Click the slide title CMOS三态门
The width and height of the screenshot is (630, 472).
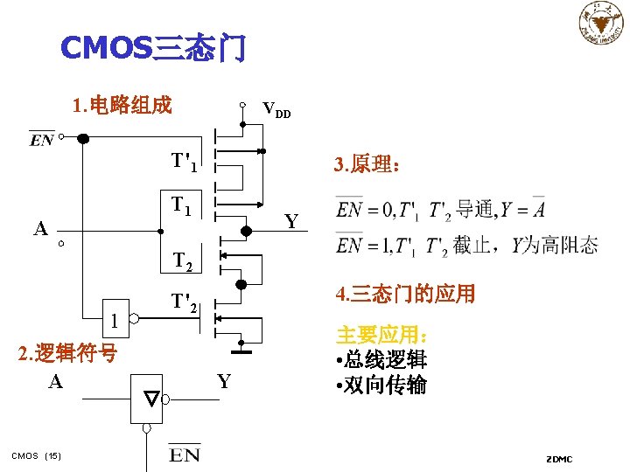pyautogui.click(x=153, y=48)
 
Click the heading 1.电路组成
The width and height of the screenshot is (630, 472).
pyautogui.click(x=123, y=106)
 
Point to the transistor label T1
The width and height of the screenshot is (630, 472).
pyautogui.click(x=182, y=206)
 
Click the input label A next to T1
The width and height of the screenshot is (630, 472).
pyautogui.click(x=40, y=229)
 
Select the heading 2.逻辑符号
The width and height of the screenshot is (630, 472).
pyautogui.click(x=68, y=353)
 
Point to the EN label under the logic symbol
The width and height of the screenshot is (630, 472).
pyautogui.click(x=185, y=454)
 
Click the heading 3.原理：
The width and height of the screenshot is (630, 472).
pyautogui.click(x=367, y=164)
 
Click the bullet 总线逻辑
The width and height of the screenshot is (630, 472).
pyautogui.click(x=381, y=359)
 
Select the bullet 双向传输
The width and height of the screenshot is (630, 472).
pyautogui.click(x=381, y=385)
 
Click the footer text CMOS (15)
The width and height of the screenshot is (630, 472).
pyautogui.click(x=36, y=455)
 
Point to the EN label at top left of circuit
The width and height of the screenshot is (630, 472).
pyautogui.click(x=41, y=140)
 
